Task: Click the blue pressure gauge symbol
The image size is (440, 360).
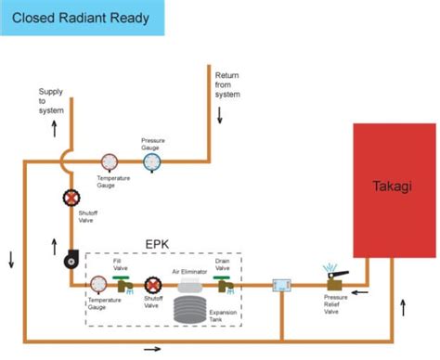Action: pyautogui.click(x=151, y=162)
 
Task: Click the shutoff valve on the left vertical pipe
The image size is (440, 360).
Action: pyautogui.click(x=71, y=199)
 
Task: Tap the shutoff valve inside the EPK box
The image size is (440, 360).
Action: pyautogui.click(x=152, y=285)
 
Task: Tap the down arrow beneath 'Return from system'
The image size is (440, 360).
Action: pyautogui.click(x=221, y=114)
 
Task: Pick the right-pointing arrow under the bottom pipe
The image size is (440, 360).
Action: pyautogui.click(x=151, y=350)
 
